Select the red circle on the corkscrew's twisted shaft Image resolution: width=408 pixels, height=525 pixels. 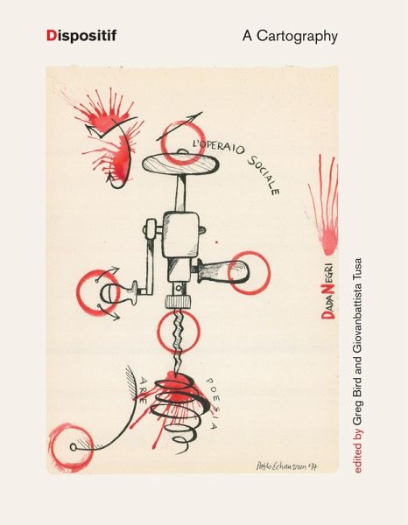click(179, 331)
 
